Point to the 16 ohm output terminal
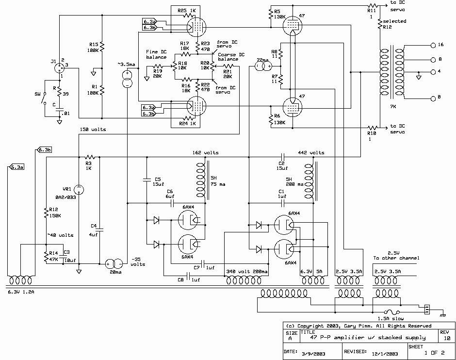433,45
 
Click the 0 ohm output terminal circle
433,98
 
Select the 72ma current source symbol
263,66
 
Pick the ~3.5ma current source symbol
127,79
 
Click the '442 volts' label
311,152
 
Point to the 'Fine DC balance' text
156,54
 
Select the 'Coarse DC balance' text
231,57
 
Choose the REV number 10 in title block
445,338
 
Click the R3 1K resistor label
89,165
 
